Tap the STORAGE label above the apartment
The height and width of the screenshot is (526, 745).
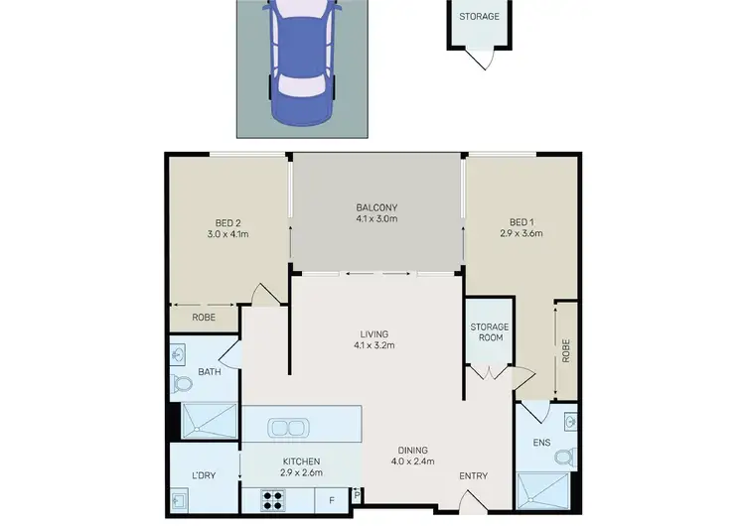pos(479,17)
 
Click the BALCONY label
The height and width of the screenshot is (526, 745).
pos(376,207)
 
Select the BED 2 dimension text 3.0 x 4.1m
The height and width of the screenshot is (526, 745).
pos(227,235)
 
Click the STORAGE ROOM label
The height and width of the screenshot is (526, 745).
pos(489,331)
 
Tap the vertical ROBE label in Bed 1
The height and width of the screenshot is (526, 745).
pos(565,352)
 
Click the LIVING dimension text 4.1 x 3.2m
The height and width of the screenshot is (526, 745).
pos(374,346)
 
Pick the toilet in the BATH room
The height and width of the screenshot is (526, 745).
pos(183,384)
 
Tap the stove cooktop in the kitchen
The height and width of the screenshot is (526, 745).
pos(273,500)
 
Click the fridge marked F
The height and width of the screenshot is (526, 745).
pos(331,500)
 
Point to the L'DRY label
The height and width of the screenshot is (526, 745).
pos(205,475)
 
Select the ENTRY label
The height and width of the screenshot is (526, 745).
pos(473,476)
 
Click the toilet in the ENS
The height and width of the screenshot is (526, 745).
pos(564,458)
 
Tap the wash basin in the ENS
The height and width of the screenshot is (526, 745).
pos(569,422)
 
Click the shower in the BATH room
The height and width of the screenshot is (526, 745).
pos(209,422)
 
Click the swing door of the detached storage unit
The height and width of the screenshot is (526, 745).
pos(482,59)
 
